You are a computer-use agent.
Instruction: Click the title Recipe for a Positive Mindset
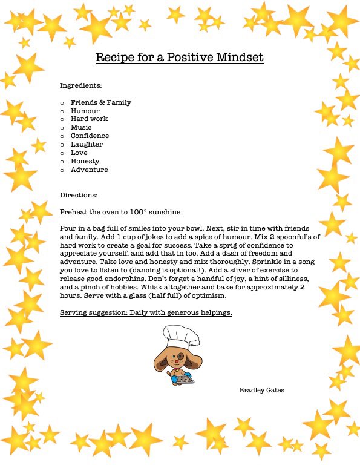coord(179,58)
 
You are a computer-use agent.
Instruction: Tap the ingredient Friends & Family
coord(100,102)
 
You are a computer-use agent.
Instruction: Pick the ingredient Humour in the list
coord(85,111)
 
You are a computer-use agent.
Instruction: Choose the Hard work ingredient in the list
coord(89,119)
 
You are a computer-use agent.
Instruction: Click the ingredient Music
coord(81,128)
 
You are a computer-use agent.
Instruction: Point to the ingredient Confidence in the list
coord(90,136)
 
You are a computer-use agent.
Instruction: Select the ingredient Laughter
coord(87,145)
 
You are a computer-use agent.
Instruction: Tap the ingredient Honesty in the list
coord(85,162)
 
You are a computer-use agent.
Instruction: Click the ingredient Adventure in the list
coord(89,170)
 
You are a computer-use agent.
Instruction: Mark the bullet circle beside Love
coord(62,153)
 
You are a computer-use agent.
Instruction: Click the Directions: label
coord(79,196)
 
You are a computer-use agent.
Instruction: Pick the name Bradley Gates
coord(261,390)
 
